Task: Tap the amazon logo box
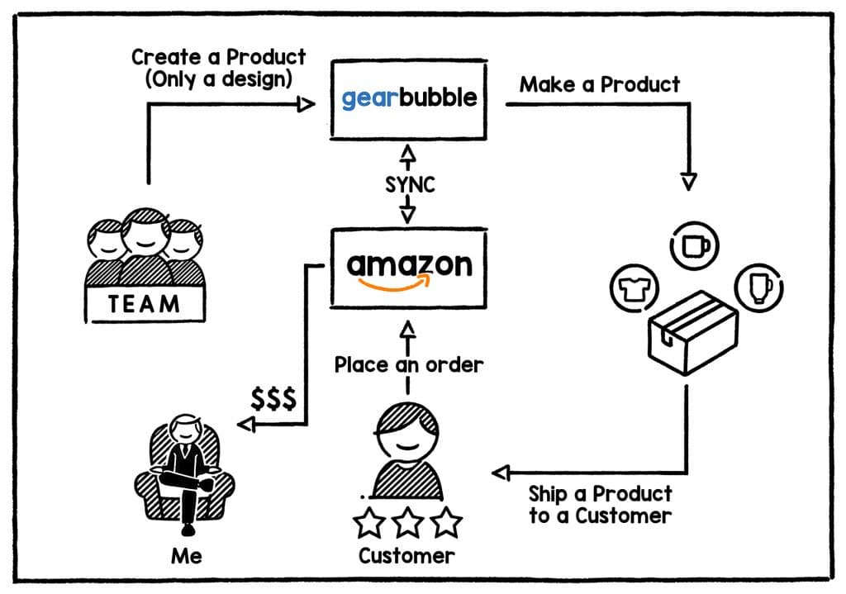408,268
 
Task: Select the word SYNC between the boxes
409,183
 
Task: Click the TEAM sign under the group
145,304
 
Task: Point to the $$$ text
273,399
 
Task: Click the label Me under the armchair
186,555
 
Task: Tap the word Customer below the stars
406,555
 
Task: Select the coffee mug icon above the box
696,245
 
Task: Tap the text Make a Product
600,84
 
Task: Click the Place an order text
408,364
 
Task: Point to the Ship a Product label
601,505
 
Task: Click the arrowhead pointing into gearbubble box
307,104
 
